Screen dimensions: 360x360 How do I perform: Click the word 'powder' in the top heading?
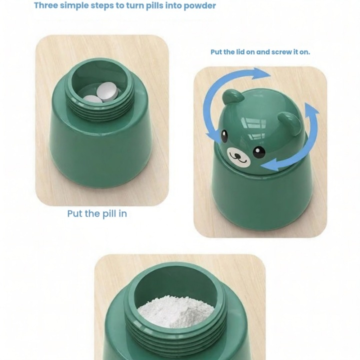coord(199,5)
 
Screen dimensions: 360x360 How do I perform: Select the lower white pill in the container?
coord(92,99)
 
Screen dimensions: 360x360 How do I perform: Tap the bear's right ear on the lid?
coord(290,123)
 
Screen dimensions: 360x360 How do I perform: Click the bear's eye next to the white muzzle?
coord(259,152)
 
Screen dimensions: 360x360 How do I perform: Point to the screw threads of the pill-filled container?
coord(101,109)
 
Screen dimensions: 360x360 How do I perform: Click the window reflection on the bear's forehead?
coord(253,128)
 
